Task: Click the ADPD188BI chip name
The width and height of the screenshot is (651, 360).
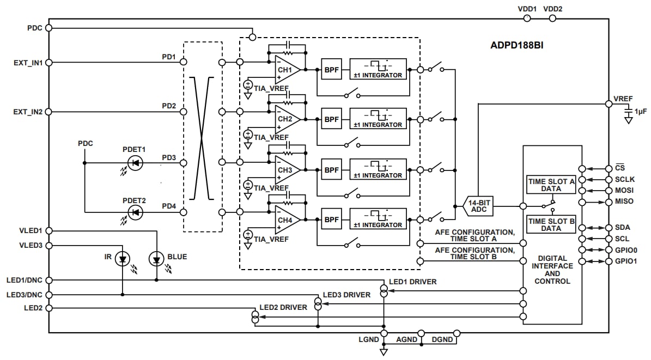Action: coord(516,46)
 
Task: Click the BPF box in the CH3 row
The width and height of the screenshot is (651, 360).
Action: coord(331,170)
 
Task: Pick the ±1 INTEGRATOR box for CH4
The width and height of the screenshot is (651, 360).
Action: coord(378,219)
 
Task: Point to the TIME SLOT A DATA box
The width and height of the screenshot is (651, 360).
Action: coord(551,185)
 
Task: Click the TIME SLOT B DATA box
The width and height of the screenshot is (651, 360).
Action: coord(551,224)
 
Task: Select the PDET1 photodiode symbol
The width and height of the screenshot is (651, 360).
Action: coord(135,162)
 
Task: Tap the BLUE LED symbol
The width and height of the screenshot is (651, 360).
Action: coord(157,260)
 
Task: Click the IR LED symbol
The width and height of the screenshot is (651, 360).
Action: coord(123,260)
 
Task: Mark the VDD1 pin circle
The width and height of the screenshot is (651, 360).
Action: coord(527,18)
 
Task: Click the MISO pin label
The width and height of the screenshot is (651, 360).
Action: coord(623,202)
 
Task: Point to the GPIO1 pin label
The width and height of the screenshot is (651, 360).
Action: coord(625,261)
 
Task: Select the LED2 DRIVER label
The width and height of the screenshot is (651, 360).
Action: coord(283,307)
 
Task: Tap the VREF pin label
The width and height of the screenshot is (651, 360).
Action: coord(623,99)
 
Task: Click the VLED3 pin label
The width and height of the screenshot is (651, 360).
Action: coord(31,245)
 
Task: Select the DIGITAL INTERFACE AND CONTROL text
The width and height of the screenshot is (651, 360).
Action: coord(552,270)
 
